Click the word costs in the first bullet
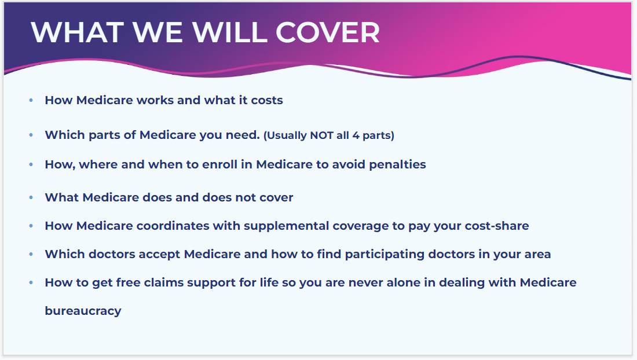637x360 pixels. tap(267, 100)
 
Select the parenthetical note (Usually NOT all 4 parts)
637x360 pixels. tap(328, 135)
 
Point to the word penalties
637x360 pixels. tap(395, 164)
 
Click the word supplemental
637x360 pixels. tap(287, 226)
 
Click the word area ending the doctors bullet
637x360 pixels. tap(536, 254)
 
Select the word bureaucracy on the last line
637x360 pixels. tap(83, 311)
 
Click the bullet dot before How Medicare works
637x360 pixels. tap(31, 101)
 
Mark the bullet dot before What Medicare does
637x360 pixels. tap(31, 198)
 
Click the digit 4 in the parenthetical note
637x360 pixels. tap(356, 135)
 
